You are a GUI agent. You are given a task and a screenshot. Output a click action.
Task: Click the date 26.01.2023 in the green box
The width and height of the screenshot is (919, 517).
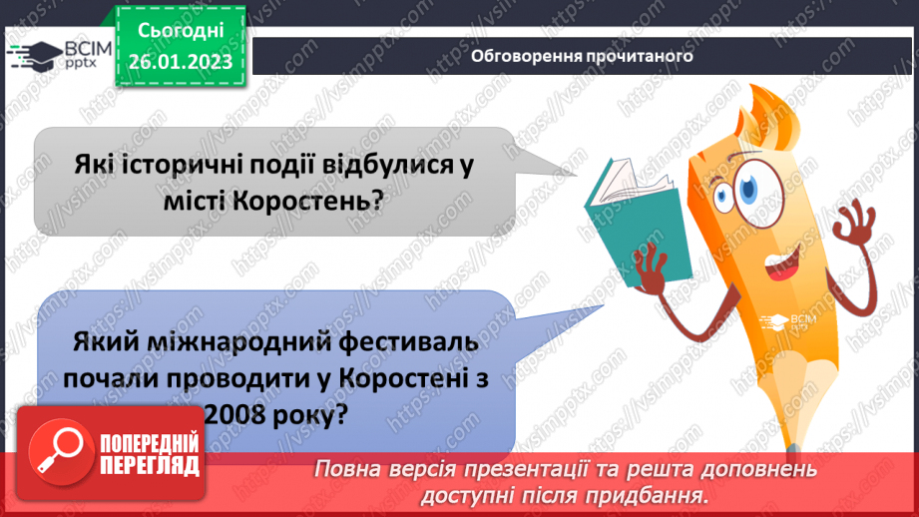(x=181, y=62)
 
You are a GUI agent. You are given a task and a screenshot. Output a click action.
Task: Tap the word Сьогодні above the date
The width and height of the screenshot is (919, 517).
(x=181, y=33)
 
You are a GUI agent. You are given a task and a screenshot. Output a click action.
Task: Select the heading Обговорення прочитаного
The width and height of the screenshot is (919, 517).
(x=583, y=56)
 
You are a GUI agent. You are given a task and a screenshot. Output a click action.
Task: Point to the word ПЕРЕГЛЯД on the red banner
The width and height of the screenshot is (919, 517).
(x=149, y=464)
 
